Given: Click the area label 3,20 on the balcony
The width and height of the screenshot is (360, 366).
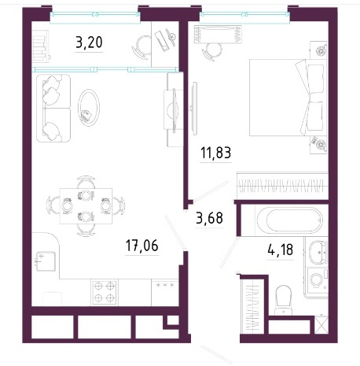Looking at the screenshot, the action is [x=89, y=43].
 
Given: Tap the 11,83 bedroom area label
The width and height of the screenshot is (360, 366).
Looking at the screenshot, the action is [x=215, y=153].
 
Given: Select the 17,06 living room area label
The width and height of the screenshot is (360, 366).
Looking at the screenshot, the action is [x=142, y=246].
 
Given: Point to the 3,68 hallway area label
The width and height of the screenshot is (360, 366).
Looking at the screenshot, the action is [x=209, y=218].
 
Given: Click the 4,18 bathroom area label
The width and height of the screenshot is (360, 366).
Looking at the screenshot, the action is [x=280, y=250].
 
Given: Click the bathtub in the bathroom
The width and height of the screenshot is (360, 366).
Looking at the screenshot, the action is [x=290, y=220].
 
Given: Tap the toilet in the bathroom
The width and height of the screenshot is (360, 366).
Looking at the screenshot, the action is [x=283, y=300].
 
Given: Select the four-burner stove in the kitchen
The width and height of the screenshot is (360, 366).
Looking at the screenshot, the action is [x=105, y=292].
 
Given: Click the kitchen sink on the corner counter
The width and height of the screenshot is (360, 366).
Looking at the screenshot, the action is [x=46, y=261].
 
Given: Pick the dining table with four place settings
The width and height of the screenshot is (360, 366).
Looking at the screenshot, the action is [x=86, y=206].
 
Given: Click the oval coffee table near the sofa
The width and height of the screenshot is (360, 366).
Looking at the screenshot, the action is [x=89, y=108].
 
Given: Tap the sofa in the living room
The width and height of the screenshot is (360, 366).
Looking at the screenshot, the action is [x=53, y=108].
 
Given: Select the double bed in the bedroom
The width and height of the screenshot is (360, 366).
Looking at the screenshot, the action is [x=288, y=98].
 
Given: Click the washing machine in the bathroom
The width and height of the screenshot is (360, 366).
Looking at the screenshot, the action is [x=318, y=280].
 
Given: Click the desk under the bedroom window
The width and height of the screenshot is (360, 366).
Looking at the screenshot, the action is [x=218, y=35].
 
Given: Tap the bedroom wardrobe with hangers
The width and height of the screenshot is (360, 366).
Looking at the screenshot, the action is [x=282, y=186].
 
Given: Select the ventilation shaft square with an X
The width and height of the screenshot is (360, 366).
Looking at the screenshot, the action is [x=321, y=326].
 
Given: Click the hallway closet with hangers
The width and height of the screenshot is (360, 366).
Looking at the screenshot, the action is [x=252, y=305].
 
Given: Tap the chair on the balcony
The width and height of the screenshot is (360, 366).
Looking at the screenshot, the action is [x=141, y=46].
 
